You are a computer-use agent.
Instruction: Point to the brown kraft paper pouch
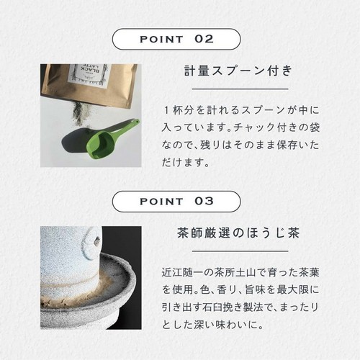[86, 83]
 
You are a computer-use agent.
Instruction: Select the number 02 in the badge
[204, 39]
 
